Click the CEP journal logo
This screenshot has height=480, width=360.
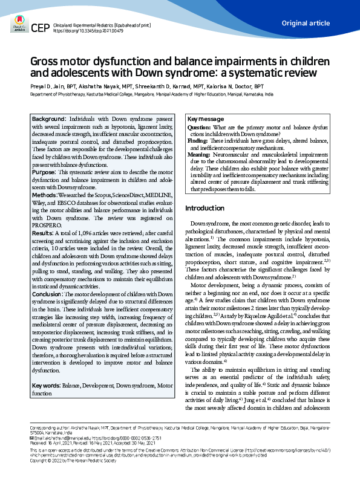(40, 28)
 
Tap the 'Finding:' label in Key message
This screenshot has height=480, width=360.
(198, 141)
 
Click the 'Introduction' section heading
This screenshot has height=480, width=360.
(209, 209)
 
